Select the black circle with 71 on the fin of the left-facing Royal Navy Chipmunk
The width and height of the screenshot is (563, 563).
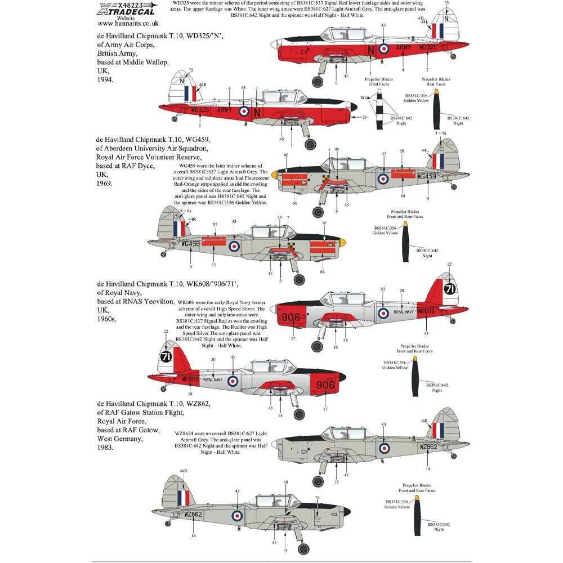166,357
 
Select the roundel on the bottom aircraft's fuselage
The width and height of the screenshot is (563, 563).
238,513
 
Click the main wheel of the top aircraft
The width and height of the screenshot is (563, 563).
318,82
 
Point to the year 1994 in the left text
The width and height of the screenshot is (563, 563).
105,80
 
